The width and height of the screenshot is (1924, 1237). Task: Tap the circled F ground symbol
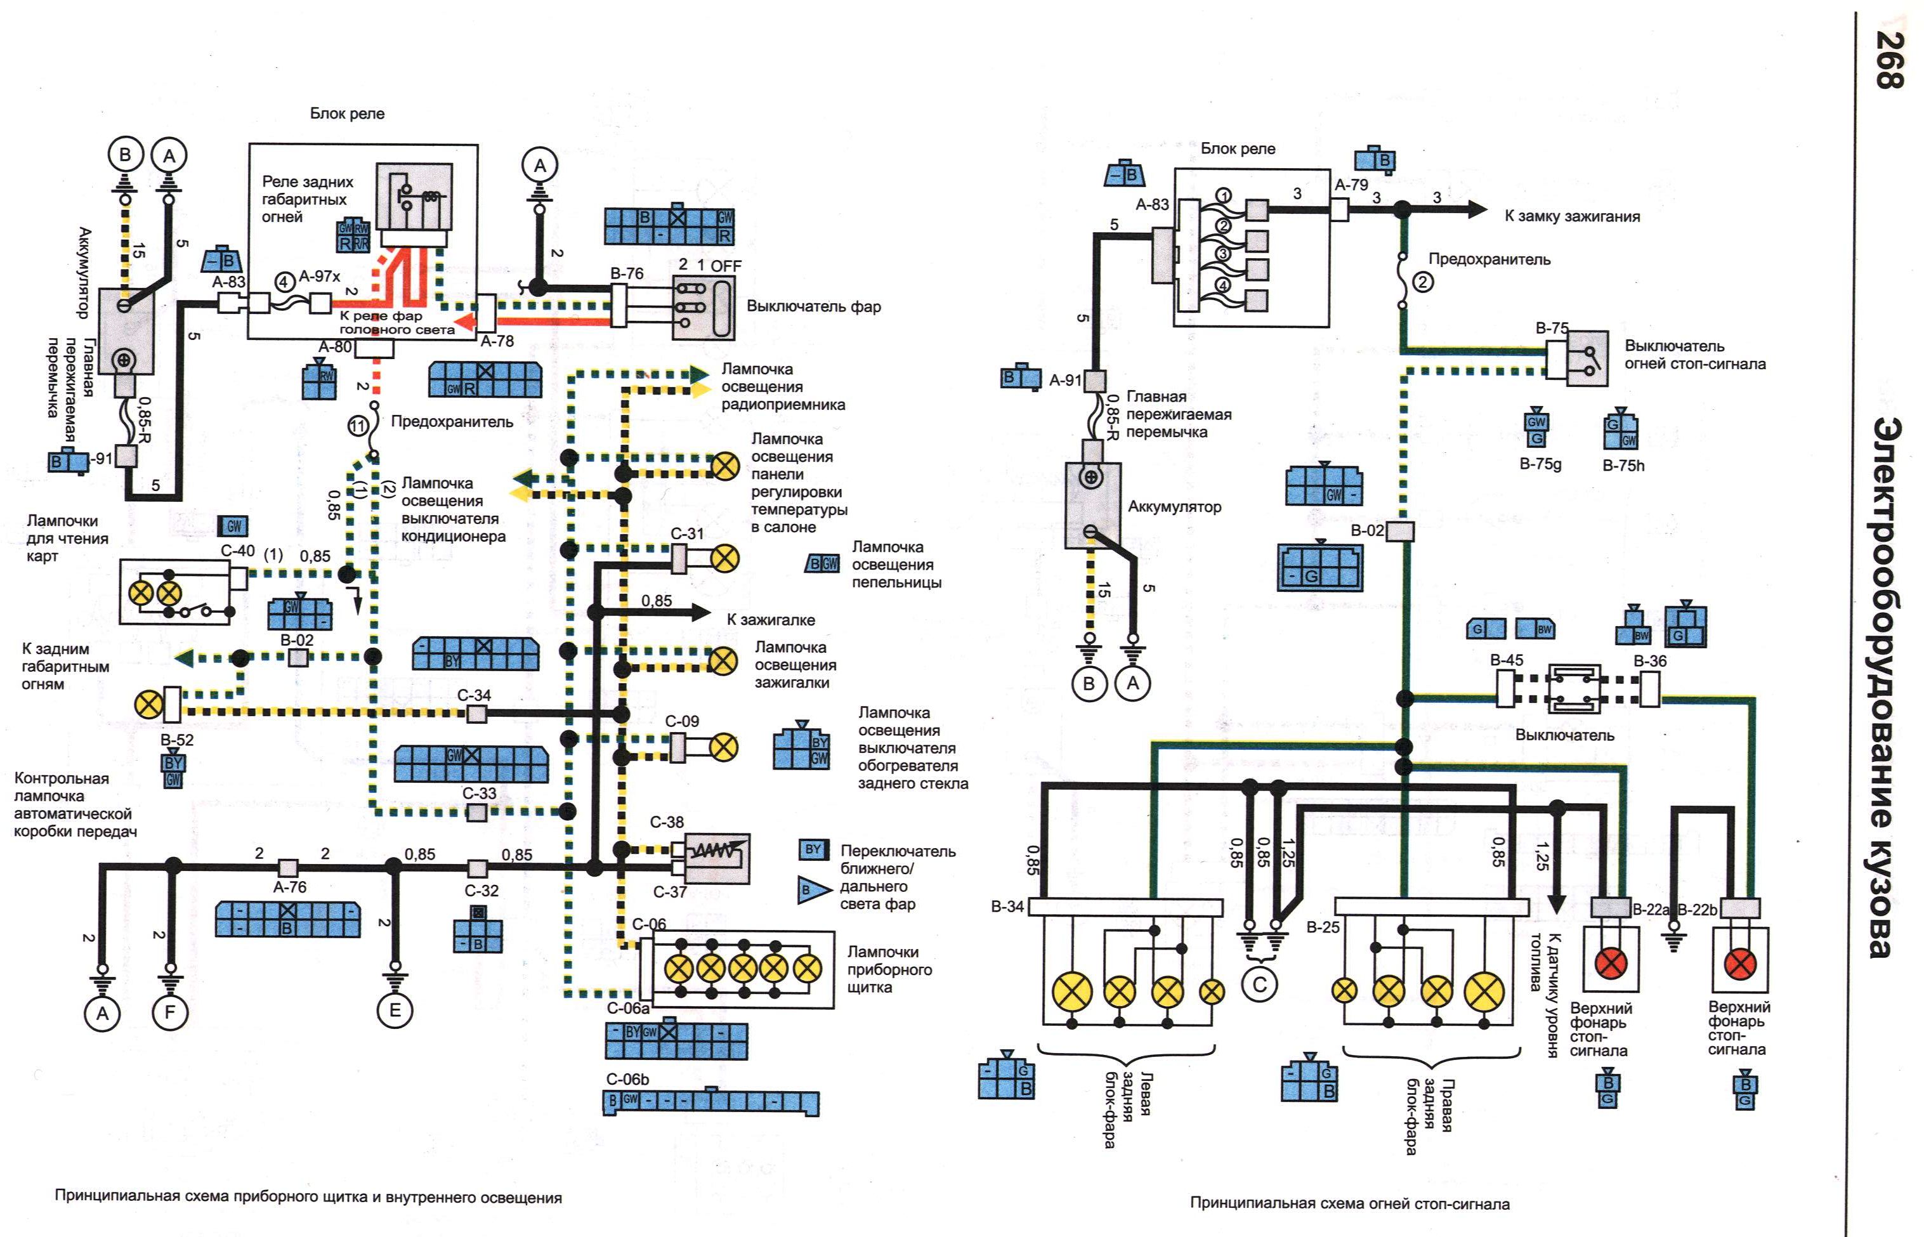pos(169,1012)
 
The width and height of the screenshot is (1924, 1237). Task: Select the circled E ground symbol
pos(395,1011)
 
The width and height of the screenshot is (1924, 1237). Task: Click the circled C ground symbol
pos(1259,985)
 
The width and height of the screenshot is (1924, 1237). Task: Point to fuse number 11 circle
pos(358,426)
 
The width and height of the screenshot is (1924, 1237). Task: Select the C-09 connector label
pos(682,721)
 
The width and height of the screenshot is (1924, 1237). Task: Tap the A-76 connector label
pos(289,887)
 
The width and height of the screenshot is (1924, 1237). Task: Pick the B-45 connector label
pos(1507,660)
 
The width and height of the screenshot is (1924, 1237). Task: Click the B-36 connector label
pos(1650,661)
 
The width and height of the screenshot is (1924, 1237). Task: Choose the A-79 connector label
pos(1351,185)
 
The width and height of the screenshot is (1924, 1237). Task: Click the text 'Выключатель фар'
pos(813,307)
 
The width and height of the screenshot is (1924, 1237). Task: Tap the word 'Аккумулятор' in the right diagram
pos(1174,507)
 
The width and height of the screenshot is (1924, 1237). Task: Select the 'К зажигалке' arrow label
pos(770,620)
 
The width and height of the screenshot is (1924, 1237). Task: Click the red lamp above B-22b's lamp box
pos(1740,963)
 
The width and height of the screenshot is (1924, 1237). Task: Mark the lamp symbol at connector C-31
pos(725,558)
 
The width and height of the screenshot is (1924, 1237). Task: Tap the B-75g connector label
pos(1540,464)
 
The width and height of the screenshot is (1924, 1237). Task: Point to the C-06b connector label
pos(628,1080)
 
